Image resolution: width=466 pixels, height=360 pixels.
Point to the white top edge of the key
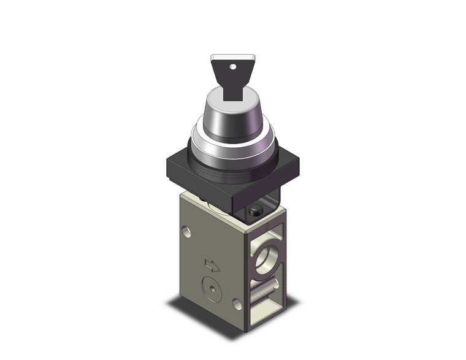(x=232, y=57)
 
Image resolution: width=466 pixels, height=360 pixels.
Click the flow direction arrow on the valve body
(x=212, y=266)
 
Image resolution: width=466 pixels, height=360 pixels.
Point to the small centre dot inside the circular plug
(x=212, y=289)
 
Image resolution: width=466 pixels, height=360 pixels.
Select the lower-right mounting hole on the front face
(x=236, y=303)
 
